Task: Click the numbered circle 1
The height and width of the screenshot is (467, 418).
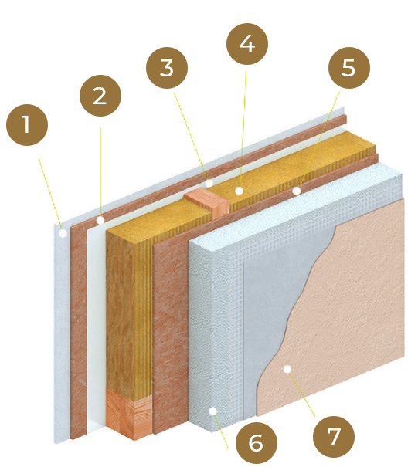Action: click(x=27, y=125)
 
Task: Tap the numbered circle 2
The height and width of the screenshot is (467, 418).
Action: click(x=100, y=96)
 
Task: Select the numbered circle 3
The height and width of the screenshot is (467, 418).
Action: click(x=167, y=68)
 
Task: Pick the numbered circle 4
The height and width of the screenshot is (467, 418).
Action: click(x=247, y=44)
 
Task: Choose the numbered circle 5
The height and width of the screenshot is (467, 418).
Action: click(x=349, y=68)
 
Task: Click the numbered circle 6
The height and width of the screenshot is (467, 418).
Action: click(x=257, y=443)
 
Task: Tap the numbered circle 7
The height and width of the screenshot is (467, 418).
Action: click(x=334, y=437)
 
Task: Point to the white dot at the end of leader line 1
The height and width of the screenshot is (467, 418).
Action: click(x=63, y=233)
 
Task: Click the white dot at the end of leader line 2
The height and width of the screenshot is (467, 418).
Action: click(x=100, y=221)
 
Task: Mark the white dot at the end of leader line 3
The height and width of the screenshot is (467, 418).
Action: click(x=209, y=183)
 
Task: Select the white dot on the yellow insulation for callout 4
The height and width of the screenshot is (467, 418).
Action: click(x=239, y=191)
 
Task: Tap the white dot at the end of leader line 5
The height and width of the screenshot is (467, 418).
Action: click(x=297, y=191)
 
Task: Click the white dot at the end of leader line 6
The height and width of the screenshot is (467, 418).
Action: click(x=213, y=411)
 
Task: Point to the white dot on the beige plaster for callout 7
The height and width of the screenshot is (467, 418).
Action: click(x=287, y=369)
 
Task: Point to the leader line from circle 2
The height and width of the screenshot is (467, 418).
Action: click(x=100, y=172)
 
